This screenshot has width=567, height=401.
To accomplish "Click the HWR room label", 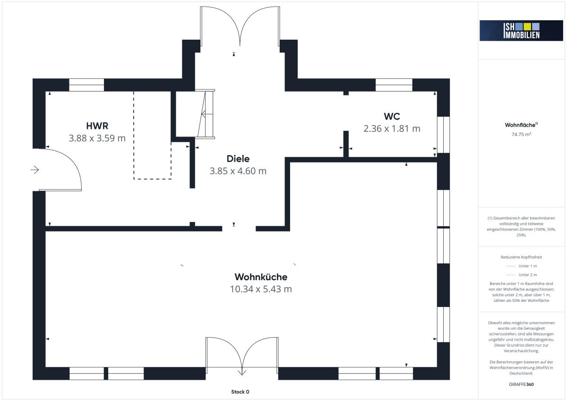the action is point(97,126).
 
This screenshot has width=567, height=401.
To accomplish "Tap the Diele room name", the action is point(238,159).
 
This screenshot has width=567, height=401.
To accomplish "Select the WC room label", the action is point(392,116).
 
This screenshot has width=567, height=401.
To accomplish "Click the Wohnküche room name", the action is point(261,277).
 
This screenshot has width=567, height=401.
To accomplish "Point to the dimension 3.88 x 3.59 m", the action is point(97,138).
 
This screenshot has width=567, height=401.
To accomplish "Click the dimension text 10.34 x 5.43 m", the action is point(261,289).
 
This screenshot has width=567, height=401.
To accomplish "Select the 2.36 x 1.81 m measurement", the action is point(392,128).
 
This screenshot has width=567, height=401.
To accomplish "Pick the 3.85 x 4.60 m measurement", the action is point(238,171).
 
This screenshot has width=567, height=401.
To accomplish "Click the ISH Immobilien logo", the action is point(521,31).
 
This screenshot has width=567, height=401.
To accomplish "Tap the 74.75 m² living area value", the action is point(521,134).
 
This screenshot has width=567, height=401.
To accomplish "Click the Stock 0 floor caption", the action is point(240,392).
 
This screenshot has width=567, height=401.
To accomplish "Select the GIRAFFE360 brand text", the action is point(521,384).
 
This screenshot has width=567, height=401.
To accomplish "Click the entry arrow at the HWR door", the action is point(34,170).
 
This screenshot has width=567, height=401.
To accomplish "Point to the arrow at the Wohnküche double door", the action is point(242,371).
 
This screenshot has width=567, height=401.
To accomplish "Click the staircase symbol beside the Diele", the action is point(205,114).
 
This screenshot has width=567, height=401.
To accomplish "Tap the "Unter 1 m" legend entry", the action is point(521,266).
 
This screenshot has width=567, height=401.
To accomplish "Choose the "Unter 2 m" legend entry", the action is point(521,275).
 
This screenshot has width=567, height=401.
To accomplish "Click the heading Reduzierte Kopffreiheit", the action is point(521,257).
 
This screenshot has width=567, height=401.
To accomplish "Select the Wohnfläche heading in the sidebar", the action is point(521,125).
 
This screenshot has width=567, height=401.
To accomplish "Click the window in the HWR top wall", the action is point(86,85).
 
